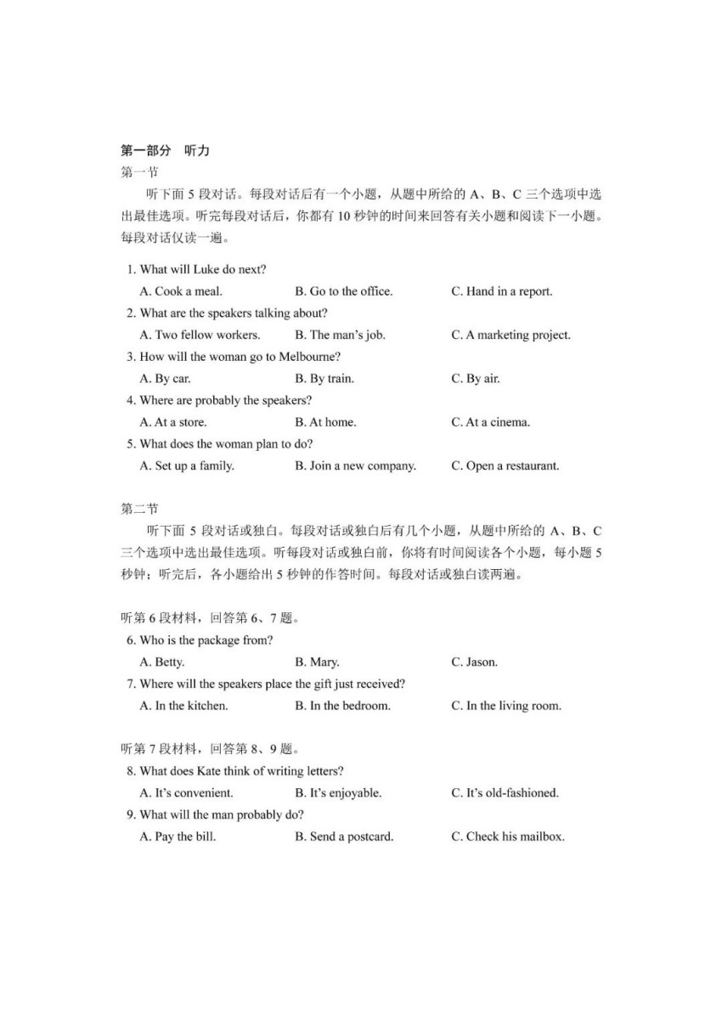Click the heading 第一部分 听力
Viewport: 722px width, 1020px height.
click(165, 151)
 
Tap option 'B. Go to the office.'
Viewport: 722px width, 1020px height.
click(343, 291)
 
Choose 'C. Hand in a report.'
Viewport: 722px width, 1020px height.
click(501, 291)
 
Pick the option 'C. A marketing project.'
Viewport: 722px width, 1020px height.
click(510, 335)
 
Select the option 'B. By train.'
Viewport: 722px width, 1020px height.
click(324, 379)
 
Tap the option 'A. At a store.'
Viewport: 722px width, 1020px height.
click(173, 422)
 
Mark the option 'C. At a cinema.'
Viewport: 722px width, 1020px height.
click(490, 422)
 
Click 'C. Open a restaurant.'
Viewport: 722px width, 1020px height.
click(505, 465)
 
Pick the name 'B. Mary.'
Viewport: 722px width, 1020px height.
click(317, 662)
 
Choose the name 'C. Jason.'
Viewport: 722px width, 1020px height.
click(474, 662)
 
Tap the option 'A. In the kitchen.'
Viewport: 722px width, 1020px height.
click(183, 706)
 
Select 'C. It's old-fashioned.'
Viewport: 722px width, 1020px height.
click(505, 793)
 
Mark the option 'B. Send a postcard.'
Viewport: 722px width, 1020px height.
click(344, 837)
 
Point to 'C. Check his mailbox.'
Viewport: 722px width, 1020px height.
click(507, 837)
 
